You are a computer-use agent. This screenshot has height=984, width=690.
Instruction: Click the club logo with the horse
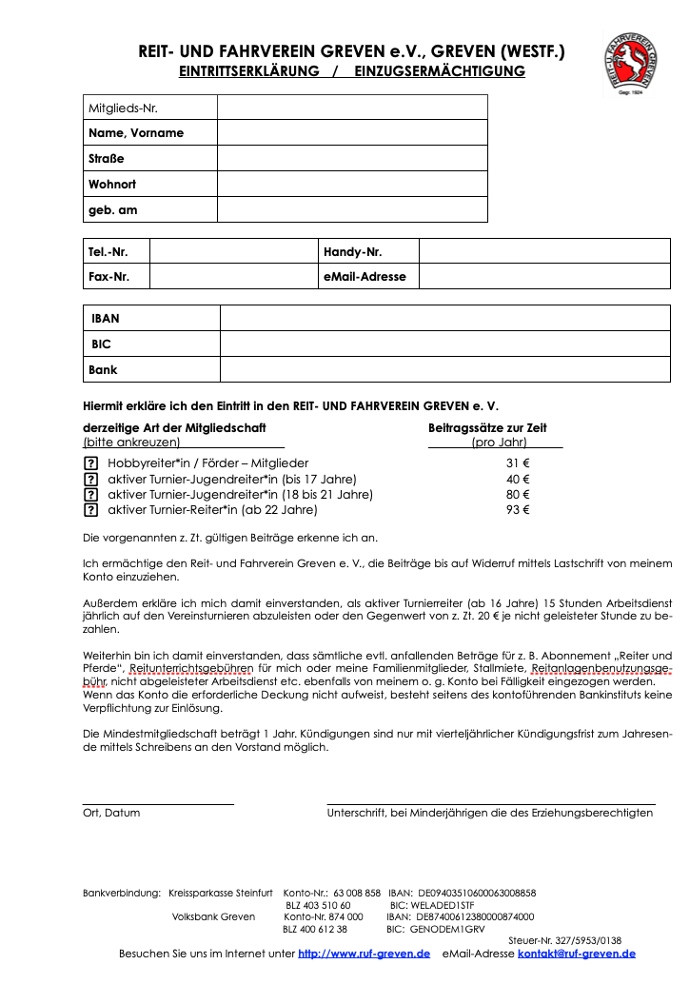(x=633, y=63)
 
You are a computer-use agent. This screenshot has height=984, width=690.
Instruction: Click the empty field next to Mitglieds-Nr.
(x=352, y=108)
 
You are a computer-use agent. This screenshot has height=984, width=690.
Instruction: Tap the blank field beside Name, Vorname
(x=352, y=132)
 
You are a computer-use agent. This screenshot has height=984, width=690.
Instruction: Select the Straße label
(x=107, y=158)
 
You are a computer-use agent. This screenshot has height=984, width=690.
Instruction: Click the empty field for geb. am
(x=352, y=209)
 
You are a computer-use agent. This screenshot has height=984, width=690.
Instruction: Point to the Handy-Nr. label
(x=353, y=251)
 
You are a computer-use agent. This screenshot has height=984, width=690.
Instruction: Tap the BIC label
(x=101, y=344)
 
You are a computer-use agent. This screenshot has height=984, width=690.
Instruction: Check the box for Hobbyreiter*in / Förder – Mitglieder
(x=91, y=463)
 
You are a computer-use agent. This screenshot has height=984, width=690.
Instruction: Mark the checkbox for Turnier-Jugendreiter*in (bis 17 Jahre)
(x=91, y=479)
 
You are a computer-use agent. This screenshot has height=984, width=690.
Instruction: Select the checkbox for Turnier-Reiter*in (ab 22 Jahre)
(x=91, y=510)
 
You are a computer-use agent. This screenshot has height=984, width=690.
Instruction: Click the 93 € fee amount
(x=518, y=510)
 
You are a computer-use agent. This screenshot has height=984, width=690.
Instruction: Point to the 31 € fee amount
(x=518, y=463)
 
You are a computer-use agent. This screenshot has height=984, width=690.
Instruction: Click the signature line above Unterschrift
(x=491, y=804)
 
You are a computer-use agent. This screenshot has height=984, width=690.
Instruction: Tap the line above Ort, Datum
(x=158, y=804)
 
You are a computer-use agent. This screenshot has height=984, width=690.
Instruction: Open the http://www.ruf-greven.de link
(x=364, y=954)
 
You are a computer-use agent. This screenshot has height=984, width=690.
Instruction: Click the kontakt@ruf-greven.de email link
(x=577, y=954)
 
